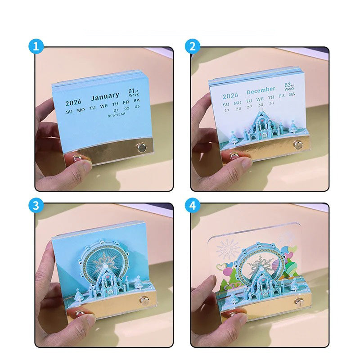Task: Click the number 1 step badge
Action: point(36,46)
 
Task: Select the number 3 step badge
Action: point(36,205)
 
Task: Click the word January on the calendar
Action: point(105,96)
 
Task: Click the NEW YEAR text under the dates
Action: point(116,115)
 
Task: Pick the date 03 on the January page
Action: point(137,107)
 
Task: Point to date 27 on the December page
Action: point(226,110)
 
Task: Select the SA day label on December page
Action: point(292,94)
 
